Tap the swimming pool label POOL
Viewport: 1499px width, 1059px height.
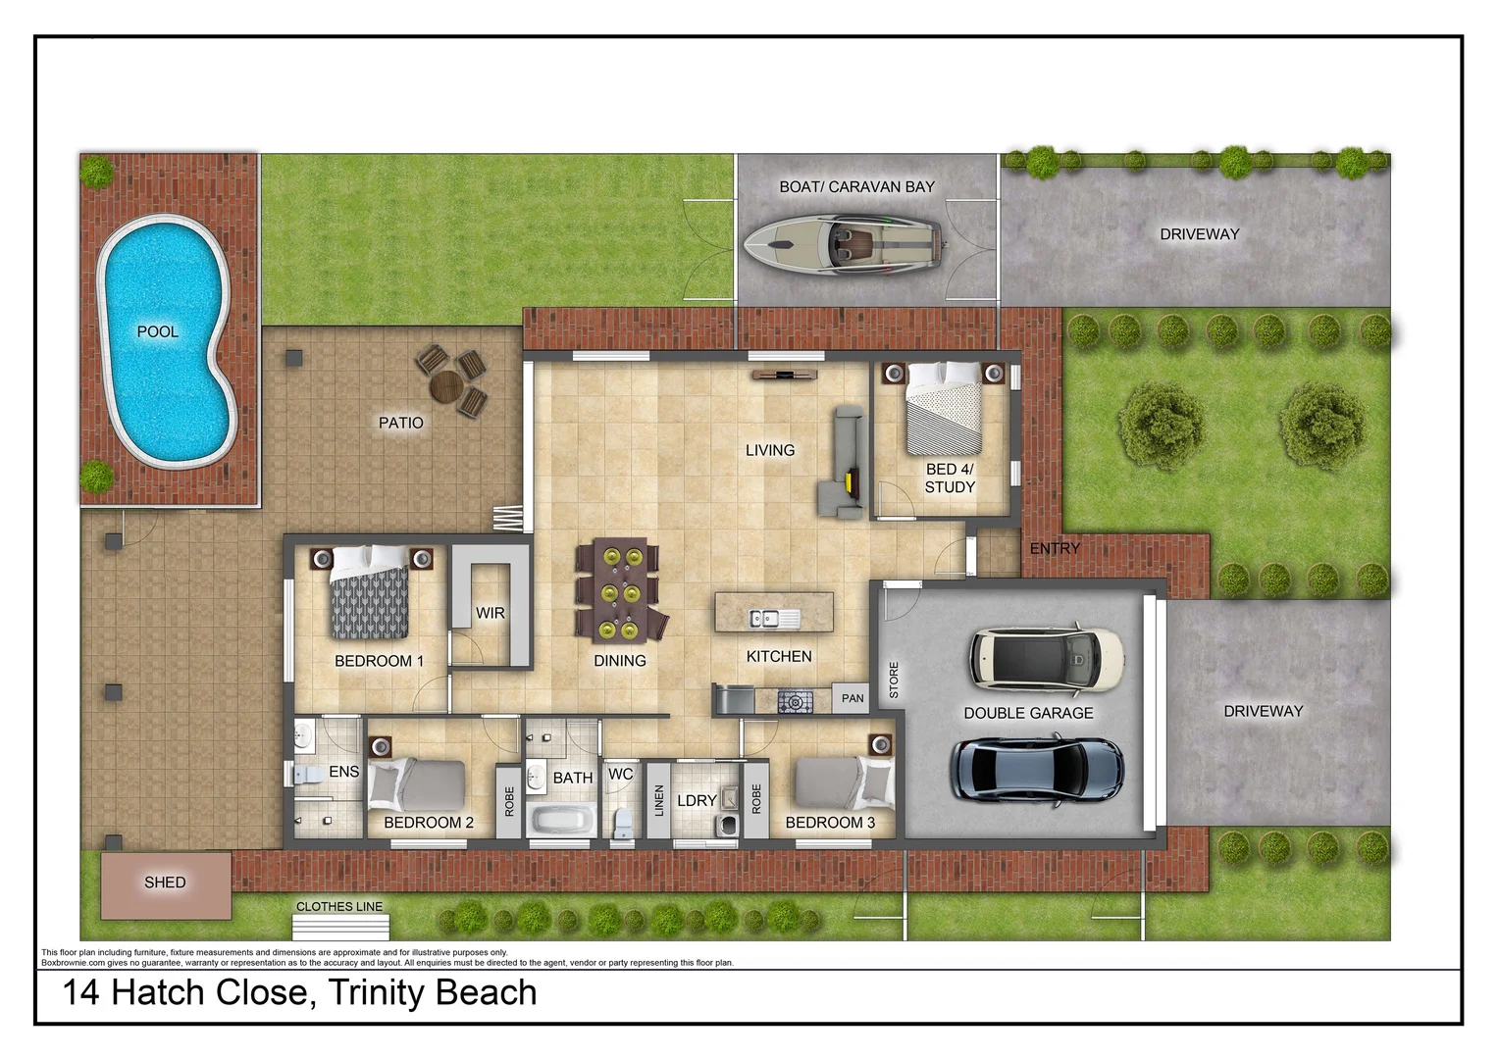point(158,332)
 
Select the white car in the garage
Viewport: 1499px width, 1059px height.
point(1047,657)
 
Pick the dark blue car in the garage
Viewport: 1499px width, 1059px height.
point(1039,768)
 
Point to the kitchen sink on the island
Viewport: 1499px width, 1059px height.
point(773,618)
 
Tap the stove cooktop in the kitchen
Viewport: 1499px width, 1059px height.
point(795,701)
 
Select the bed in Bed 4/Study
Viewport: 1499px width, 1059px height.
point(943,407)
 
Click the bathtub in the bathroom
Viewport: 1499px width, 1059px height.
point(560,819)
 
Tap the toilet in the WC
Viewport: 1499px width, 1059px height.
point(622,824)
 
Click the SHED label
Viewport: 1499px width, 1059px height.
point(165,882)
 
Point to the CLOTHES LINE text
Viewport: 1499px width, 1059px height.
point(339,907)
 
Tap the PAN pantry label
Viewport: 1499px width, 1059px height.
point(853,698)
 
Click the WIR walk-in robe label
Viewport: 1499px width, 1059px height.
point(490,613)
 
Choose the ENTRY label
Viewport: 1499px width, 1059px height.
point(1055,549)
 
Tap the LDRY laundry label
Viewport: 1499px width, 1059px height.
point(697,801)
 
